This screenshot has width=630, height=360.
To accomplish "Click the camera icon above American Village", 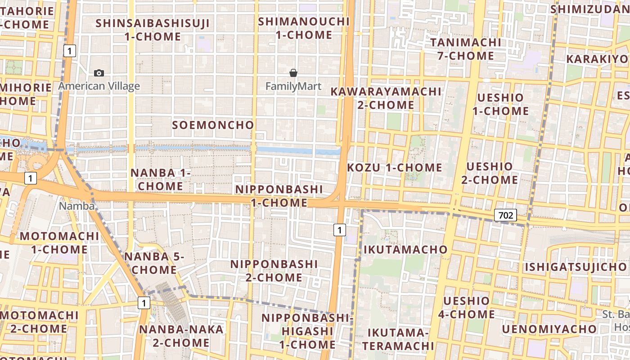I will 99,73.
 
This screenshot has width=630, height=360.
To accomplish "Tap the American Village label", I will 99,86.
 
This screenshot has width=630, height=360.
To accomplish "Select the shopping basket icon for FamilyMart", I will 293,73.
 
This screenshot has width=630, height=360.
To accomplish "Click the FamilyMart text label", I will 293,86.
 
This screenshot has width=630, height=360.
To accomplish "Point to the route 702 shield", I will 505,215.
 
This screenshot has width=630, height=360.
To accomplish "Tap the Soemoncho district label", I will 213,125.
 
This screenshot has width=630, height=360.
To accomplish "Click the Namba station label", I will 77,206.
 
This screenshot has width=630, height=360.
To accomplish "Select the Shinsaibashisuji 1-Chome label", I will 153,30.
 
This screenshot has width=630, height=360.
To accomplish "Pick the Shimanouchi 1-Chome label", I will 304,28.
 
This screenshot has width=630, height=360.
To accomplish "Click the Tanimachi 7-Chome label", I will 465,49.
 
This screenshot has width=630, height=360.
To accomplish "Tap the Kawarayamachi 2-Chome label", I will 386,98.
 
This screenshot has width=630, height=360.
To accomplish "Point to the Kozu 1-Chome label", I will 395,167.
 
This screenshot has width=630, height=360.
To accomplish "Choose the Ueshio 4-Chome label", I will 466,307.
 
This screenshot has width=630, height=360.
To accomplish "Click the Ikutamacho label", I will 405,249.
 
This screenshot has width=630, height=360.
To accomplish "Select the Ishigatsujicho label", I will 569,267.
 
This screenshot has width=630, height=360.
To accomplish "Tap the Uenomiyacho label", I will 549,329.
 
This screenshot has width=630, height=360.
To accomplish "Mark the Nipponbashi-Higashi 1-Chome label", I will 308,331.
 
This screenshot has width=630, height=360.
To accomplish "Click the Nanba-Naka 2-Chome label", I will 181,336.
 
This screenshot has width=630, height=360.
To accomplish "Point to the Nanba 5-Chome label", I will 154,263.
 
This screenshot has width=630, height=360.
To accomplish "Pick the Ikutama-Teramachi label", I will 398,339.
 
